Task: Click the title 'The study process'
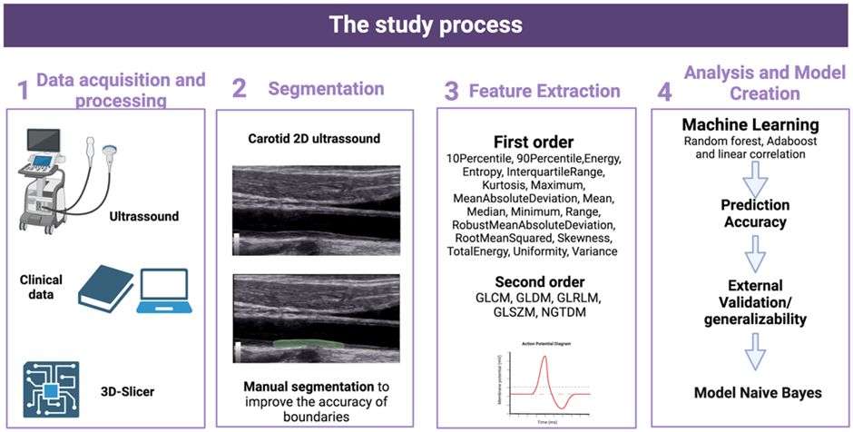coord(426,23)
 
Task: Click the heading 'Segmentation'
coord(325,89)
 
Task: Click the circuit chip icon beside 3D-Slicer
coord(51,389)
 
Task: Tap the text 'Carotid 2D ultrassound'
coord(314,139)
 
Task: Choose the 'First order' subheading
coord(534,142)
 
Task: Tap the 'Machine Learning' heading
coord(751,123)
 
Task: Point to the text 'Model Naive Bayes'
coord(750,392)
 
